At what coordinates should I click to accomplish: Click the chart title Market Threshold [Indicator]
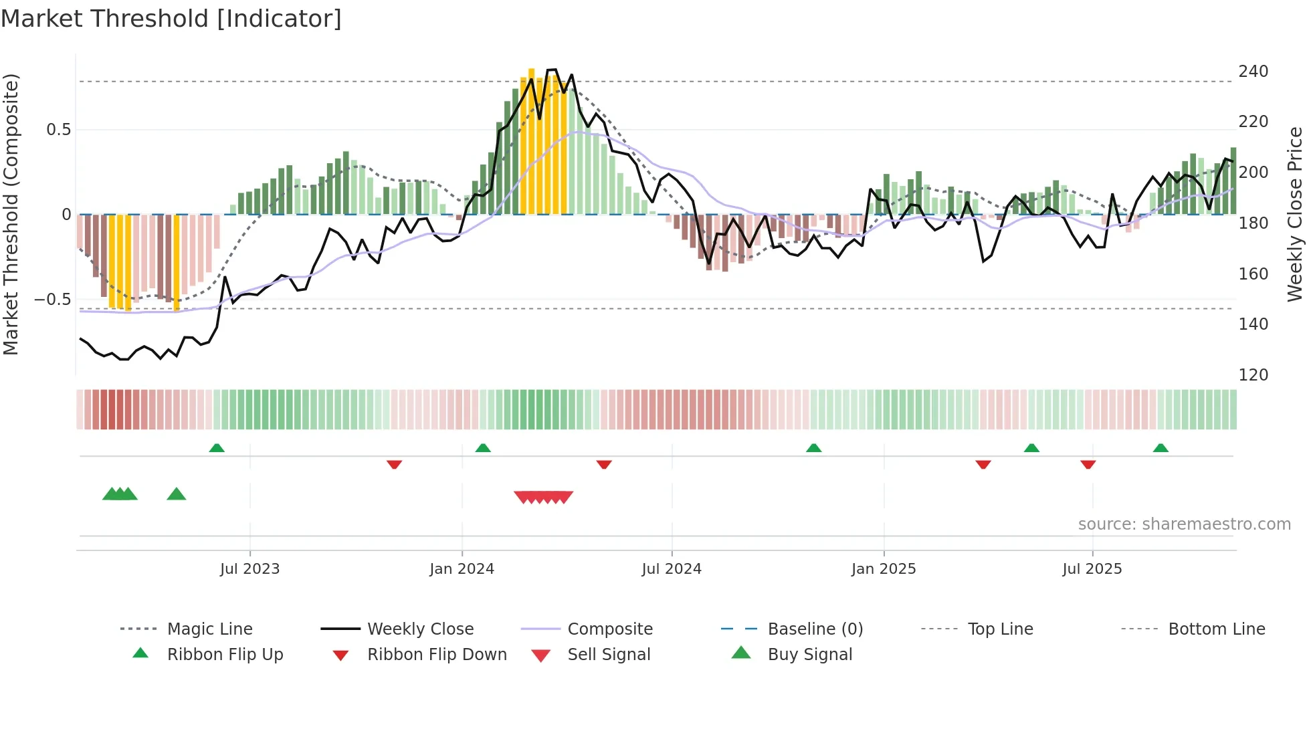(x=171, y=19)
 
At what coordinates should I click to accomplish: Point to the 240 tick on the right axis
(x=1253, y=72)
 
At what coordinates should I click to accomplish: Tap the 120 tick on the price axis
(x=1253, y=375)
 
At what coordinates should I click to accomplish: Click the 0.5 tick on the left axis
(x=58, y=130)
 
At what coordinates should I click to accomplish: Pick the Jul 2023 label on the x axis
(x=249, y=569)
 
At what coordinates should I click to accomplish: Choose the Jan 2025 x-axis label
(x=883, y=569)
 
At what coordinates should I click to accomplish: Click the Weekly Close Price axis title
(x=1295, y=214)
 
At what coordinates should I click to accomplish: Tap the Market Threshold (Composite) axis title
(x=11, y=214)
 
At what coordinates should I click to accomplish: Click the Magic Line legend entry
(x=209, y=629)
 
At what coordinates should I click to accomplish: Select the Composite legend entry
(x=609, y=629)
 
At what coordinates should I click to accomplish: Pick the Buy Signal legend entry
(x=809, y=655)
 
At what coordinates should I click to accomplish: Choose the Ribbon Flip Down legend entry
(x=437, y=655)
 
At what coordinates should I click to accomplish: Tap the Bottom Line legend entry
(x=1216, y=629)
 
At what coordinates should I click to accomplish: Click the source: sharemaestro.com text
(x=1184, y=524)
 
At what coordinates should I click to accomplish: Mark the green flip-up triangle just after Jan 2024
(x=483, y=448)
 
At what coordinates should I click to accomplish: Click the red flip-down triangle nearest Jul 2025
(x=1088, y=464)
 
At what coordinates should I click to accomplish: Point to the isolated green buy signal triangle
(x=176, y=494)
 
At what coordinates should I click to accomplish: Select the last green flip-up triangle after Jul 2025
(x=1161, y=448)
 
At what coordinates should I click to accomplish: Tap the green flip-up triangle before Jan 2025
(x=813, y=448)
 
